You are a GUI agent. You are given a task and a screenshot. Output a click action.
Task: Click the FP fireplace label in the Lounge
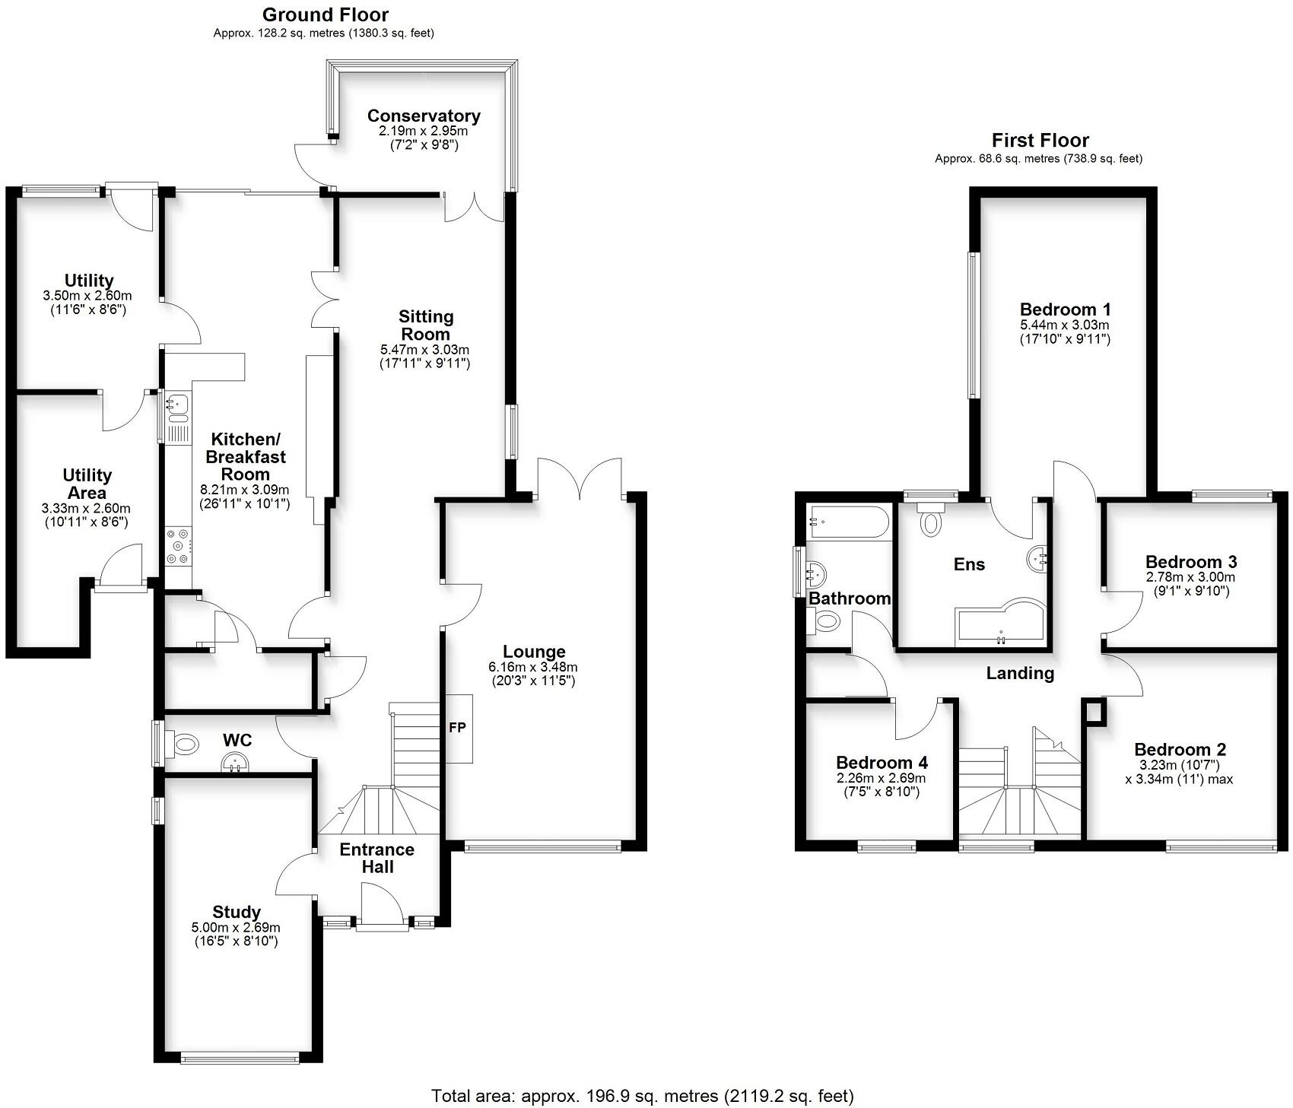coord(457,728)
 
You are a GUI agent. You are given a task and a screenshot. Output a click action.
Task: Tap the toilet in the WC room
coord(182,744)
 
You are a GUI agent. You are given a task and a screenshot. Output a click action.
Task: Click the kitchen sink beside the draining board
coord(178,402)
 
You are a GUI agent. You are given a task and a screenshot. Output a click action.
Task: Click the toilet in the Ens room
coord(930,520)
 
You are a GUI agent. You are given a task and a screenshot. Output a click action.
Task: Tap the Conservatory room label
coord(424,116)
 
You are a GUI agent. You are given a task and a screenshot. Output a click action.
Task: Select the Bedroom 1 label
coord(1065,310)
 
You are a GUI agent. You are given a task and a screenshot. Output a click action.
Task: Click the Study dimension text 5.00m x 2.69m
coord(236,928)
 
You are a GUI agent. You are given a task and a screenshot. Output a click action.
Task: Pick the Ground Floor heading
coord(325,14)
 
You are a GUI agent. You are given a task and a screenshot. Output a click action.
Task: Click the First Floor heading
coord(1040,140)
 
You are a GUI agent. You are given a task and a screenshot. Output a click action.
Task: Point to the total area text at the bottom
coord(643,1096)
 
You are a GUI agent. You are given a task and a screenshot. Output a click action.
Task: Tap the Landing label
coord(1020,673)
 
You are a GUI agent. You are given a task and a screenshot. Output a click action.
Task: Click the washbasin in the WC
coord(236,762)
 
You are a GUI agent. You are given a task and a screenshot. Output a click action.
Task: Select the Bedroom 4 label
coord(882,763)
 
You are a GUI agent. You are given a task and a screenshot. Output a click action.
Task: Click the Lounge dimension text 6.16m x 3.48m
coord(533,667)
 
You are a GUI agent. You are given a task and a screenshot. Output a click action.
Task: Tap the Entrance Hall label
coord(377,858)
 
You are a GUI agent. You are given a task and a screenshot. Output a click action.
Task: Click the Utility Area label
coord(87,484)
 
